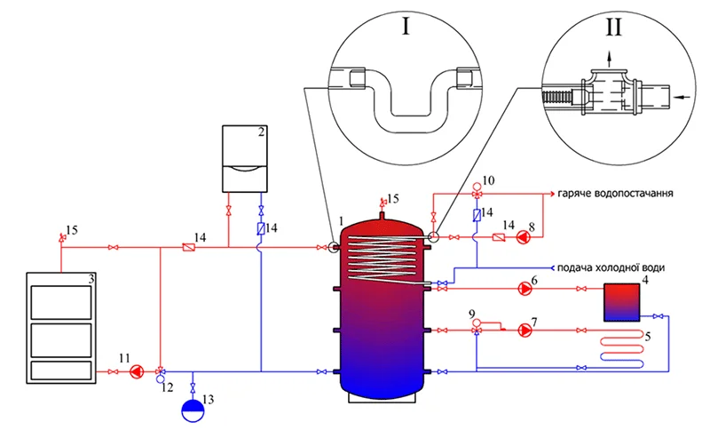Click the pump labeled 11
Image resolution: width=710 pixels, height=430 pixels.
[x=137, y=371]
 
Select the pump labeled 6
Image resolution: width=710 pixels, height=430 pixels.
[x=525, y=288]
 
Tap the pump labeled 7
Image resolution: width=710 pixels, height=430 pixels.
[x=525, y=330]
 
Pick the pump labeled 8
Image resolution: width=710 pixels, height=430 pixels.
[x=523, y=237]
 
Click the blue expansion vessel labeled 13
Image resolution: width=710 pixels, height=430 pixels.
[x=193, y=410]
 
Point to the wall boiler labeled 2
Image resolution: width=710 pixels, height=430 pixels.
[x=245, y=159]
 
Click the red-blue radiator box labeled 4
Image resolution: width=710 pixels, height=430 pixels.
[x=622, y=302]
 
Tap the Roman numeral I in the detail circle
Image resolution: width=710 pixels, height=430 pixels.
[x=406, y=27]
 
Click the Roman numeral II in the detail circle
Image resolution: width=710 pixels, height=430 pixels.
[x=613, y=27]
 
